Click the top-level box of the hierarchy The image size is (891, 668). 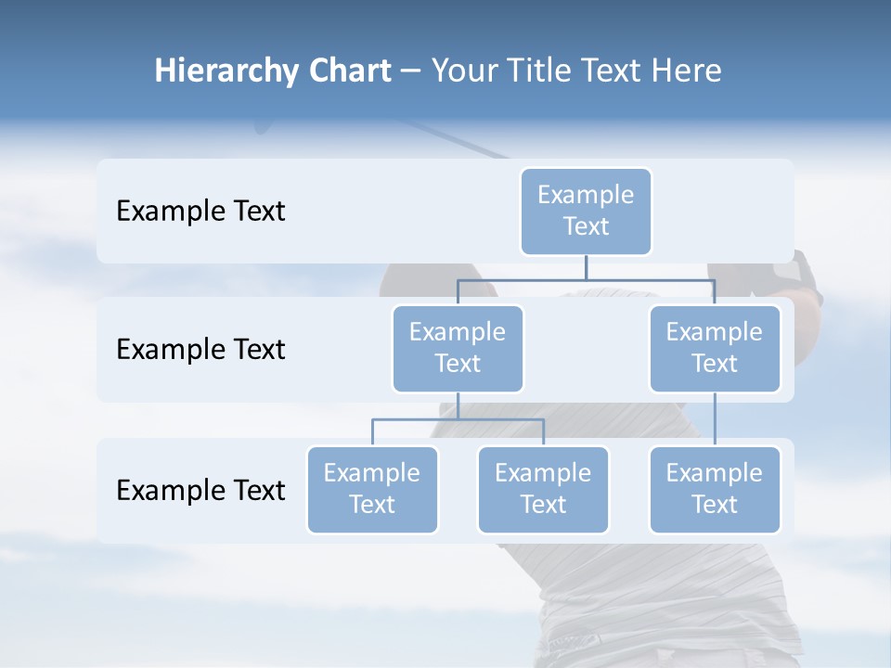tap(586, 211)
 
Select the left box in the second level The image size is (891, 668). tap(458, 348)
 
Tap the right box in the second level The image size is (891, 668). tap(715, 348)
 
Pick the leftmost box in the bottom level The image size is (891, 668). tap(372, 489)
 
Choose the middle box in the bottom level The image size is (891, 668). tap(543, 489)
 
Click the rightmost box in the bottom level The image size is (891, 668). tap(715, 489)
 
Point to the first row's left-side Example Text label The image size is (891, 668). tap(200, 211)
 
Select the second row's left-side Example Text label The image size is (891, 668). tap(200, 349)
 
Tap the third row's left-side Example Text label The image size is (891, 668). tap(200, 490)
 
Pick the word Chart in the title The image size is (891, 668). tap(349, 71)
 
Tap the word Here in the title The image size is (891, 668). tap(686, 71)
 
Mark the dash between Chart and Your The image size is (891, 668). tap(410, 71)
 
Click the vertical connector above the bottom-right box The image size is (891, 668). tap(715, 419)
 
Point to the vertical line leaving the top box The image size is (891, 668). tap(586, 266)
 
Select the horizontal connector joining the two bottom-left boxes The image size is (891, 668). tap(458, 419)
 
